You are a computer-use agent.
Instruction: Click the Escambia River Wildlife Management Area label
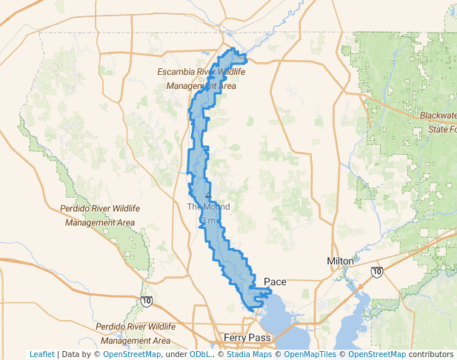click(196, 79)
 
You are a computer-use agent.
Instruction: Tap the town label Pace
click(275, 282)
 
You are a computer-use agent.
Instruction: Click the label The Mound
click(208, 207)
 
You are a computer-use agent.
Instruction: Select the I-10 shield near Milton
click(377, 273)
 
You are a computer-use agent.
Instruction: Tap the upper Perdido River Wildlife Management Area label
click(100, 216)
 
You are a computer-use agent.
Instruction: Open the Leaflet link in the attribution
click(41, 354)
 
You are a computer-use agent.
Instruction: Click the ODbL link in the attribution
click(200, 354)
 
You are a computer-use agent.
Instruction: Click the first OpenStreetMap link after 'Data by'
click(131, 354)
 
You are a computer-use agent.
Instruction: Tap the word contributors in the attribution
click(431, 354)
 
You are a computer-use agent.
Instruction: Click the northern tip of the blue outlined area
click(233, 50)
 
